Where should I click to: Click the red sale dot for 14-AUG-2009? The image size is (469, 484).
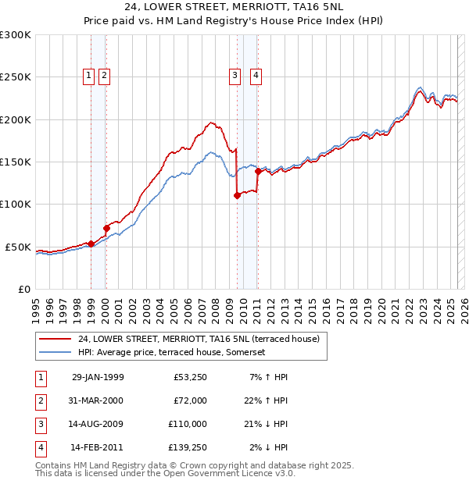[x=237, y=196]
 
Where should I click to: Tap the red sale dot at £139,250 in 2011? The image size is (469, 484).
[x=257, y=171]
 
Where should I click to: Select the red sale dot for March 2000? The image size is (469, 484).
[x=106, y=228]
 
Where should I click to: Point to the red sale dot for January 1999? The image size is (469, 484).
[x=91, y=244]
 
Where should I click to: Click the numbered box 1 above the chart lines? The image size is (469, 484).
[x=88, y=76]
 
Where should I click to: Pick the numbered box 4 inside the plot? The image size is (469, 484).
[x=256, y=76]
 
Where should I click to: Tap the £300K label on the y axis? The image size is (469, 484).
[x=15, y=35]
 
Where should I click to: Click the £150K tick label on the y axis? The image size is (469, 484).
[x=15, y=162]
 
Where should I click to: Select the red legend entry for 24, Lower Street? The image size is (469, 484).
[x=199, y=339]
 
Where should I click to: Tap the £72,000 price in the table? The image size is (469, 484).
[x=190, y=400]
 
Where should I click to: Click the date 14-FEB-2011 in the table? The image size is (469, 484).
[x=97, y=447]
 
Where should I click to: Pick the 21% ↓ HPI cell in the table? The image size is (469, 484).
[x=265, y=424]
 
